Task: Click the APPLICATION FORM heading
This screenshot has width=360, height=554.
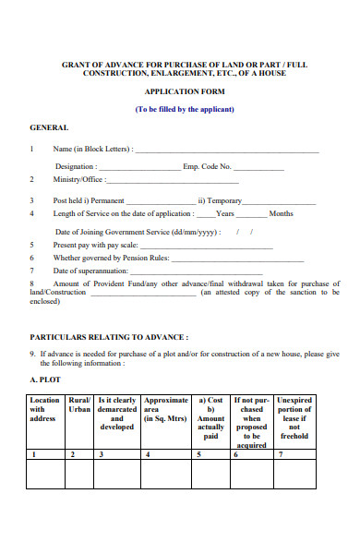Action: pos(185,92)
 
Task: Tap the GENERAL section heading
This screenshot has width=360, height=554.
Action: pos(49,126)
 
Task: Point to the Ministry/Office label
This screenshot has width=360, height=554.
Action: pos(79,179)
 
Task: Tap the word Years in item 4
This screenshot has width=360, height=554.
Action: pos(224,213)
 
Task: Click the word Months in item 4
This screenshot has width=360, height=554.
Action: pos(282,213)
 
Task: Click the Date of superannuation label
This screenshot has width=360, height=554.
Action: pos(90,271)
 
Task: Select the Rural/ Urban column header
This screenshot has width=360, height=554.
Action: pos(79,409)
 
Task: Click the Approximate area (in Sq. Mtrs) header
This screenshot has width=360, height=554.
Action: pos(165,409)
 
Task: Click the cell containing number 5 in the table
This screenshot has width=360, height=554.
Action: pos(211,454)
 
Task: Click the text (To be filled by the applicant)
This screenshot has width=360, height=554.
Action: pos(185,109)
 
